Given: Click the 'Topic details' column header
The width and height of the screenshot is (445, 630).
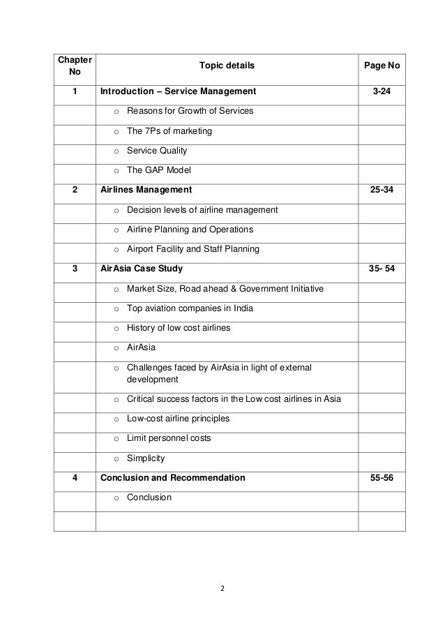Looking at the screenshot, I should click(x=227, y=66).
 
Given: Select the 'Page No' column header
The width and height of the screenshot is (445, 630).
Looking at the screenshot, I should click(x=382, y=66).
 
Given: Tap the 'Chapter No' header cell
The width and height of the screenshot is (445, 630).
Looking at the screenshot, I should click(x=74, y=66).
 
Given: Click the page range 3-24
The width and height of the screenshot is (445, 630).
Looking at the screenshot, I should click(x=382, y=91).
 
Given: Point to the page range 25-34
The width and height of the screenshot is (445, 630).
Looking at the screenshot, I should click(x=382, y=190).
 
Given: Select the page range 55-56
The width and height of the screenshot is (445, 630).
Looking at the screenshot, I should click(x=382, y=479).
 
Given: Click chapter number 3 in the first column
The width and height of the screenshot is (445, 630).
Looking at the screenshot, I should click(x=74, y=269).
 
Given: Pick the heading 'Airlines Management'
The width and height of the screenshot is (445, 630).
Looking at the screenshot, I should click(x=146, y=190).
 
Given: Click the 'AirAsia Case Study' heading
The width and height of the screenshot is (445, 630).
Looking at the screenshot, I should click(x=142, y=269).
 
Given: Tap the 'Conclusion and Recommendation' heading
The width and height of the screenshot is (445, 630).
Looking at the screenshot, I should click(x=173, y=479).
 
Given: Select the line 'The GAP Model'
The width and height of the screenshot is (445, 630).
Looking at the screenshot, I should click(x=159, y=170).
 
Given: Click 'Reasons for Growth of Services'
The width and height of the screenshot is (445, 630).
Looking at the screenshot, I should click(x=190, y=111).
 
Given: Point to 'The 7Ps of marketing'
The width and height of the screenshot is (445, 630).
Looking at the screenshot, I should click(x=169, y=131).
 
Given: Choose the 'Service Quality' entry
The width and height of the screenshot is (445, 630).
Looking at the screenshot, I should click(x=157, y=151).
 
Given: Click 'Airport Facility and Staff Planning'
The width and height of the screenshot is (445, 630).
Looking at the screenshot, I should click(x=193, y=249).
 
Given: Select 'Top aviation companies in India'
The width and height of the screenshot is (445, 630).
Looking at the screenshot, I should click(x=190, y=308).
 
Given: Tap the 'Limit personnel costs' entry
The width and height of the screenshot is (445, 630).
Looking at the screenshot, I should click(x=169, y=439).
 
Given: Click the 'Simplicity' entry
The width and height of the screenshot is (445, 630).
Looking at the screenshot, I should click(x=146, y=459).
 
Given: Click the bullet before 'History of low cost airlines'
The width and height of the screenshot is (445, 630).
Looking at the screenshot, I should click(x=116, y=329).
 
